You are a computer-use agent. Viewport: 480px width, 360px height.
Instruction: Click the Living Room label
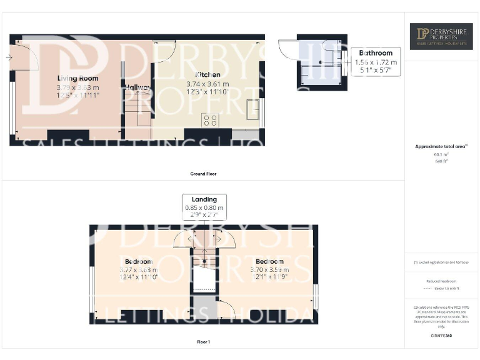point(78,78)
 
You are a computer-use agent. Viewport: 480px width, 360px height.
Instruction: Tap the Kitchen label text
point(207,74)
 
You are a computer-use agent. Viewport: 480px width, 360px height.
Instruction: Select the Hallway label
point(137,87)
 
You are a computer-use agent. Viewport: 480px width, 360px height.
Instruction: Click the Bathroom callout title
point(376,53)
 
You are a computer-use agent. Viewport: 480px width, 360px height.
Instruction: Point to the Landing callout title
point(204,199)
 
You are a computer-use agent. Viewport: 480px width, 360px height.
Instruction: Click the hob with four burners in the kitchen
point(210,119)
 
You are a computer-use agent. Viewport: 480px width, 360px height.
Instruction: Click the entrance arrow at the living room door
point(8,57)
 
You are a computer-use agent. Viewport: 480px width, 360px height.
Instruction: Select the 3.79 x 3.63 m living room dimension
point(78,87)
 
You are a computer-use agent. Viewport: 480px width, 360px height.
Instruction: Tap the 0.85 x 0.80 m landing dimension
point(204,207)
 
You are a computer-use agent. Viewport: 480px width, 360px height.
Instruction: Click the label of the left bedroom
point(138,261)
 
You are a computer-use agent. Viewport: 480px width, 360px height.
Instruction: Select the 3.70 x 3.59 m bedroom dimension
point(269,269)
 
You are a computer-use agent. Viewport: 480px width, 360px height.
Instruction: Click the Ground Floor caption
point(204,174)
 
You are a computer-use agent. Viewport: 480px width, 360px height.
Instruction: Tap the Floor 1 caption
point(203,342)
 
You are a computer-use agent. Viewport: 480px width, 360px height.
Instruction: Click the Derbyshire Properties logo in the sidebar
point(441,36)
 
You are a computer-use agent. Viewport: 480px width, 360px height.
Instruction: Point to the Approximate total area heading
point(441,146)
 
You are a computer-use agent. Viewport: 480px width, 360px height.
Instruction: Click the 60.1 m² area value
point(441,154)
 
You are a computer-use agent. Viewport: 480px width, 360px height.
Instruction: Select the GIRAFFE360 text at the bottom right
point(441,336)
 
